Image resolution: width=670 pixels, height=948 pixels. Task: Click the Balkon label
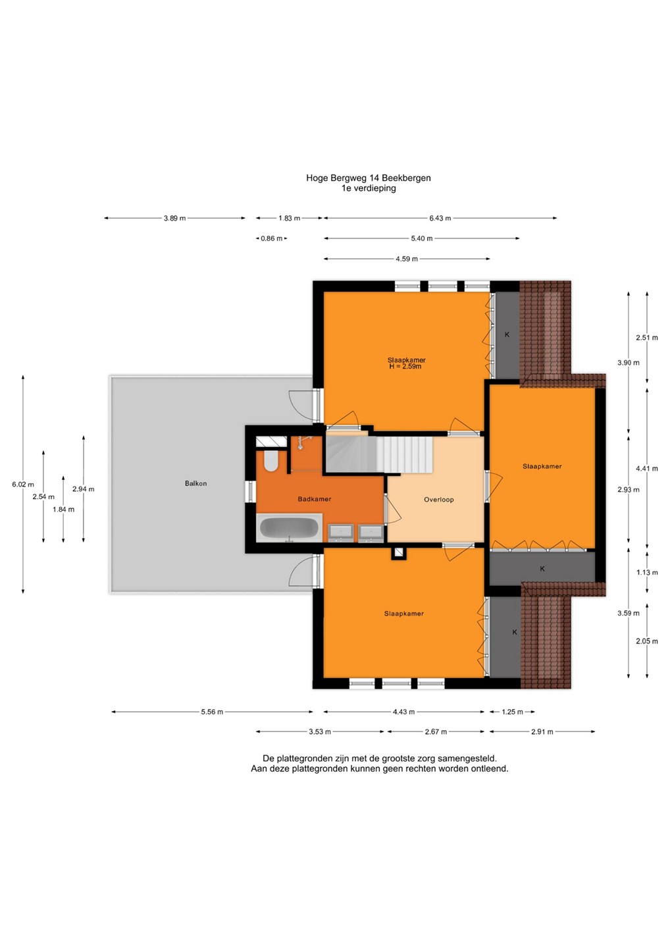[x=195, y=483]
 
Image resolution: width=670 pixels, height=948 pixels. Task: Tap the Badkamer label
[x=315, y=499]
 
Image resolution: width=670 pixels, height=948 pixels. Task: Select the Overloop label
[x=438, y=500]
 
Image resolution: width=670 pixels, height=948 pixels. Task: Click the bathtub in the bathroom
[x=290, y=527]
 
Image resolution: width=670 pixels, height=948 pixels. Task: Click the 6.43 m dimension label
[x=440, y=219]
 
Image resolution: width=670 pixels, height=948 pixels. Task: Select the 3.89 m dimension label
[x=174, y=219]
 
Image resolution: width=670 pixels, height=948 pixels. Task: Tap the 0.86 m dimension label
[x=271, y=239]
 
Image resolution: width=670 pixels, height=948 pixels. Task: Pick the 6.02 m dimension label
[x=23, y=485]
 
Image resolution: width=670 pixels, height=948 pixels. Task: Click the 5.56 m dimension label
[x=212, y=712]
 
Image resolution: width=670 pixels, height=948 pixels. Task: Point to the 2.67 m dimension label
[x=436, y=732]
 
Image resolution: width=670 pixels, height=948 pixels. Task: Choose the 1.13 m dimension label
[x=647, y=573]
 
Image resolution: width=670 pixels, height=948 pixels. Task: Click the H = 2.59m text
[x=405, y=367]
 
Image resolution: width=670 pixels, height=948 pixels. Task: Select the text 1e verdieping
[x=369, y=188]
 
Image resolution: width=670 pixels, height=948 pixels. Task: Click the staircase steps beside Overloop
[x=405, y=455]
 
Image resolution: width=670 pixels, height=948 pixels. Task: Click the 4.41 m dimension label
[x=647, y=469]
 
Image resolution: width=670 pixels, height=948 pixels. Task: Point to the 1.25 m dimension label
[x=512, y=712]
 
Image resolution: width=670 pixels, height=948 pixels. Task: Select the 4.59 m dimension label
[x=407, y=259]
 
